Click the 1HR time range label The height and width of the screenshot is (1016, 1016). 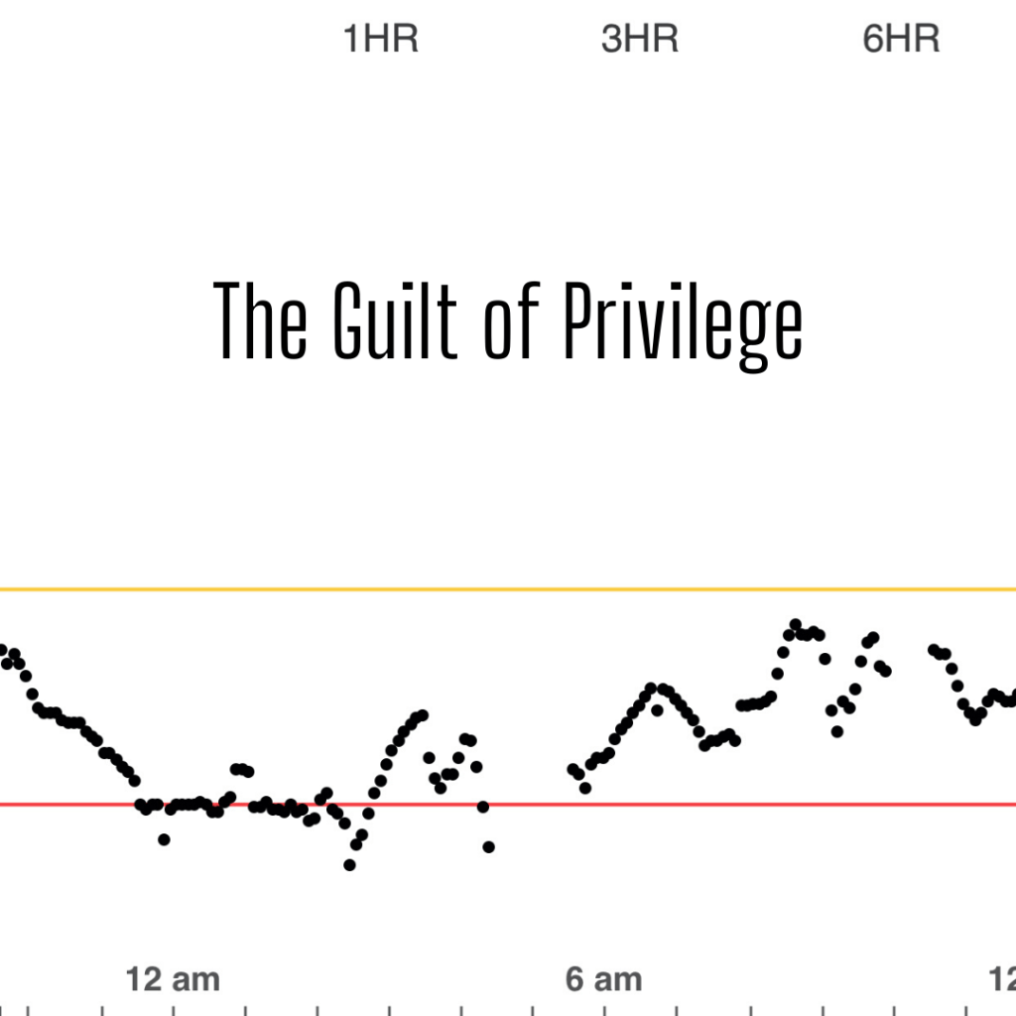tap(380, 40)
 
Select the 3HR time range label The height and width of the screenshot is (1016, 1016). tap(640, 40)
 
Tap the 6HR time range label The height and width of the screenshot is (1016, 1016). tap(901, 40)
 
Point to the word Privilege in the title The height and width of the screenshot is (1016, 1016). tap(683, 322)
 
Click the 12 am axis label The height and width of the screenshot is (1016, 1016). tap(173, 980)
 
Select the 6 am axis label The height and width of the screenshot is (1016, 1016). tap(603, 980)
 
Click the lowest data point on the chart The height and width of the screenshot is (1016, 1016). tap(349, 865)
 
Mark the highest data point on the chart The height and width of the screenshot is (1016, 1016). tap(795, 624)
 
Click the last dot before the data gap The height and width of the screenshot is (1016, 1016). tap(488, 846)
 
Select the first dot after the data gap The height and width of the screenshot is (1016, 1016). tap(572, 769)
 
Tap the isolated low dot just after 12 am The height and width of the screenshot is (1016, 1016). tap(164, 839)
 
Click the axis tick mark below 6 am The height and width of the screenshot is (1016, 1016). tap(604, 1009)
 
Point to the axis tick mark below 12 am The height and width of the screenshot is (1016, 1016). tap(173, 1009)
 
